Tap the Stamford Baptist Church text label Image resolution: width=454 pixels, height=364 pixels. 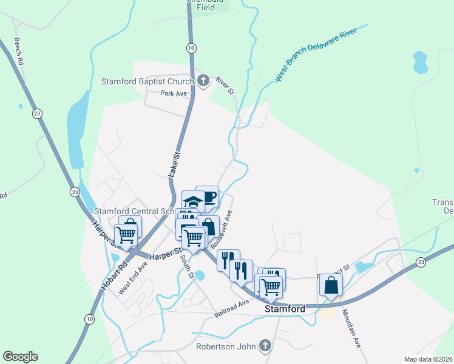click(x=147, y=81)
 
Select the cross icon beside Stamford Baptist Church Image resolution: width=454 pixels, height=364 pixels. click(x=203, y=81)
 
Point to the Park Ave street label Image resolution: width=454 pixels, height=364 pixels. click(x=174, y=93)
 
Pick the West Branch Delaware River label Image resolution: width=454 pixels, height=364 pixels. click(x=320, y=53)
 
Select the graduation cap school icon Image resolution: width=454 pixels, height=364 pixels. click(x=192, y=201)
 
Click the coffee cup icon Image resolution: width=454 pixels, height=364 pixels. click(x=208, y=196)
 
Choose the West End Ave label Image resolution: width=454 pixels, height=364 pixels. click(x=133, y=278)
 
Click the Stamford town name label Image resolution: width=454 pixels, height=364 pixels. click(x=285, y=309)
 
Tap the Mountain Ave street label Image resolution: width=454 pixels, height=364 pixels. click(x=351, y=328)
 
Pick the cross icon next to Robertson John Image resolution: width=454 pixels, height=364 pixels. click(x=264, y=346)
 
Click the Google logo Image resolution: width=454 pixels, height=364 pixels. click(x=20, y=357)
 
